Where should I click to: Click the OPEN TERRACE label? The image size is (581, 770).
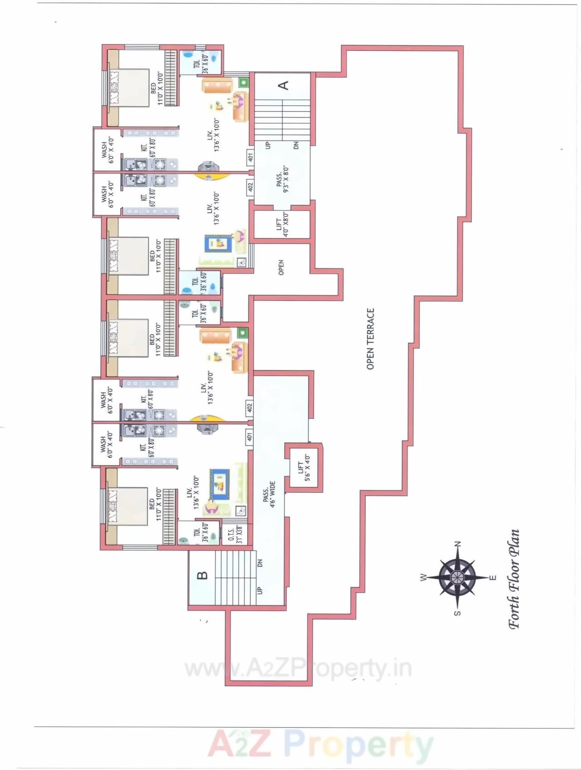(370, 339)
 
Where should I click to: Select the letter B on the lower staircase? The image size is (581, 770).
(202, 575)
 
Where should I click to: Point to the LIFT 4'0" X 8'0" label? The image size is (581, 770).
(282, 225)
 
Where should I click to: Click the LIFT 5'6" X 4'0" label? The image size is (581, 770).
(304, 468)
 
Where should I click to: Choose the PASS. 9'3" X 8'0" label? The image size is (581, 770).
(282, 179)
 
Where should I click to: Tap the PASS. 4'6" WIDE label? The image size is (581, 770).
(269, 495)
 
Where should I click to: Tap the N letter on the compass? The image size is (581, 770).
(458, 544)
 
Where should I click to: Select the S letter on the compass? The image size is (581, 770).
(458, 613)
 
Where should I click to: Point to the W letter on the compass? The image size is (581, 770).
(423, 577)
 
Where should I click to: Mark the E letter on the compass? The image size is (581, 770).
(492, 578)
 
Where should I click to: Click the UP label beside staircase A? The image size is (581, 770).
(267, 145)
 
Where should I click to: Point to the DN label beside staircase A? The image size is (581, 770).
(296, 145)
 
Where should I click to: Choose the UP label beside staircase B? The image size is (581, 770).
(260, 590)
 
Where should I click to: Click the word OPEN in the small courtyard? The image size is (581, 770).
(281, 267)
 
